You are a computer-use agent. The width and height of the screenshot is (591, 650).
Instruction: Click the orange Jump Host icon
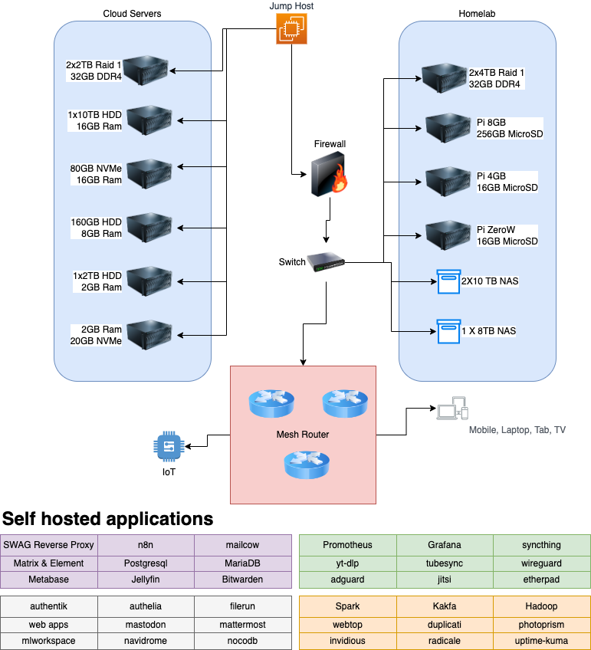pyautogui.click(x=291, y=29)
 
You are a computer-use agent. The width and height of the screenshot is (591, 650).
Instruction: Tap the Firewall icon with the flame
pyautogui.click(x=329, y=174)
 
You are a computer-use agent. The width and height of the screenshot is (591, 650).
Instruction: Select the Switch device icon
pyautogui.click(x=326, y=261)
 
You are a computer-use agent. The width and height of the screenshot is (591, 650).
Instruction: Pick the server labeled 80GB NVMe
pyautogui.click(x=149, y=174)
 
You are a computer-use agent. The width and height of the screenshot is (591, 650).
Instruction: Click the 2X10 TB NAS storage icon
pyautogui.click(x=448, y=281)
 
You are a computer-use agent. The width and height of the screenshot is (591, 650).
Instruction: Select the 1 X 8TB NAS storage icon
pyautogui.click(x=448, y=331)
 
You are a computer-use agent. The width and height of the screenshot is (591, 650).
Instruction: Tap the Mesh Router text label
pyautogui.click(x=303, y=435)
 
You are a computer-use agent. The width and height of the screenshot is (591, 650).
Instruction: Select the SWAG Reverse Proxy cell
pyautogui.click(x=49, y=545)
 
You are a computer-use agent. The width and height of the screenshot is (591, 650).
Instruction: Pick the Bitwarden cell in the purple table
pyautogui.click(x=242, y=579)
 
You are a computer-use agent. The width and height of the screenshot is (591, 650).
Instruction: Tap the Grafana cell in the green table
pyautogui.click(x=445, y=545)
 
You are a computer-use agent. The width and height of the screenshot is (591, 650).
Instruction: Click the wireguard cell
pyautogui.click(x=541, y=563)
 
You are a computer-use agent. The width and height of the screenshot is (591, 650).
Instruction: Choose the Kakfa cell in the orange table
pyautogui.click(x=445, y=606)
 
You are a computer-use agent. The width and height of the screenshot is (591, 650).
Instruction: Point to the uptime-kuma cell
pyautogui.click(x=541, y=641)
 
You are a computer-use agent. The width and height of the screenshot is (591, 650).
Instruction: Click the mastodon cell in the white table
pyautogui.click(x=146, y=624)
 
